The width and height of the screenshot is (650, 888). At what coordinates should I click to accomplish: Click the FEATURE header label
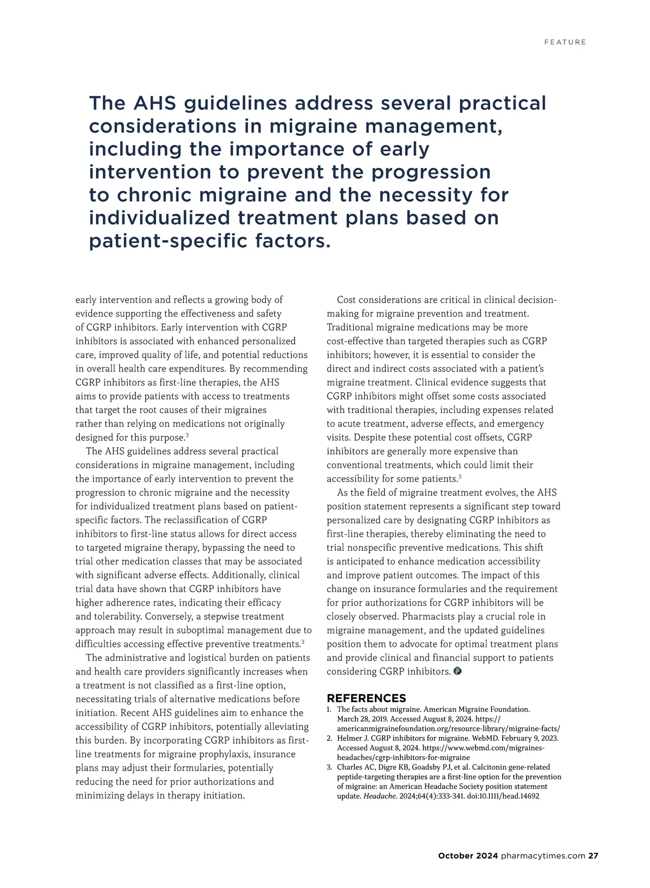(565, 42)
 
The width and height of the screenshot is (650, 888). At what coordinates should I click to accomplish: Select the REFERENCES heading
(366, 698)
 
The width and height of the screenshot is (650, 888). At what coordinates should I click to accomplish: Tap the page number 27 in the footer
(593, 855)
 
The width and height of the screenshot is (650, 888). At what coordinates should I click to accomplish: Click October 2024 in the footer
(467, 855)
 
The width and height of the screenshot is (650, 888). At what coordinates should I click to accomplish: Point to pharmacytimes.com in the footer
(543, 855)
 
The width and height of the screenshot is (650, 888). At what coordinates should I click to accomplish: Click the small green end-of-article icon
(457, 671)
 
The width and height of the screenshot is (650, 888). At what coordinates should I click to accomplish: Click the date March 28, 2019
(361, 719)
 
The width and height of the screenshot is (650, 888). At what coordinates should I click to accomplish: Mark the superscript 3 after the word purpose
(187, 435)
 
